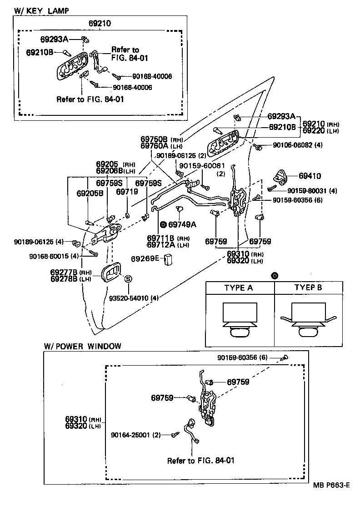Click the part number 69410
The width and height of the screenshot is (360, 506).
pyautogui.click(x=310, y=175)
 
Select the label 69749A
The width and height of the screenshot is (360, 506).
pyautogui.click(x=182, y=224)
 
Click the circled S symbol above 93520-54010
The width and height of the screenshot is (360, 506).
pyautogui.click(x=128, y=279)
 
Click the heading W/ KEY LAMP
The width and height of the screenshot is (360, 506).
pyautogui.click(x=37, y=10)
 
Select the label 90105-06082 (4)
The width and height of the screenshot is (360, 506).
pyautogui.click(x=298, y=145)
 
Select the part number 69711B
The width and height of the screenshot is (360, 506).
pyautogui.click(x=161, y=238)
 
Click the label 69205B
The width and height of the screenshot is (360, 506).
pyautogui.click(x=90, y=193)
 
